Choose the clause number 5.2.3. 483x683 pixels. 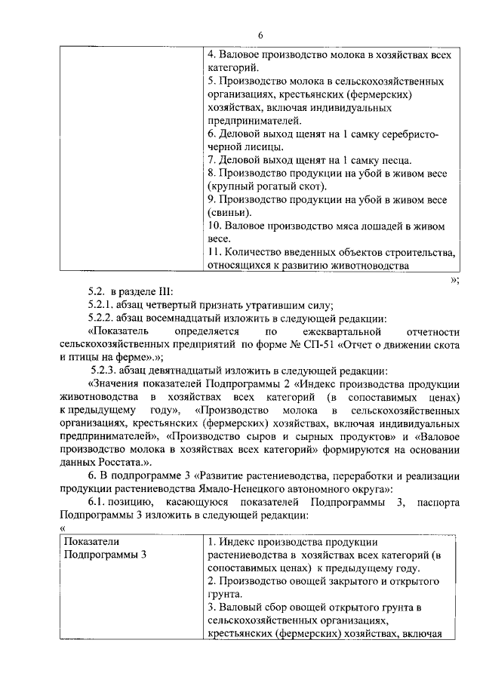coord(106,371)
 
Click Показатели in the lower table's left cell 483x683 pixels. coord(92,542)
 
